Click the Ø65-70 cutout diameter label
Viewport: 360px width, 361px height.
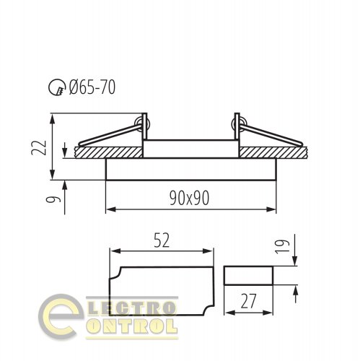[91, 88]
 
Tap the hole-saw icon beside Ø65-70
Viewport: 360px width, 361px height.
[55, 89]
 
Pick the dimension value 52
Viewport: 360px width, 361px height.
[161, 242]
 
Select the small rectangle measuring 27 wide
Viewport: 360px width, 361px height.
[250, 276]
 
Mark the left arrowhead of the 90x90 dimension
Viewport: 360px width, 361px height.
[110, 210]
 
